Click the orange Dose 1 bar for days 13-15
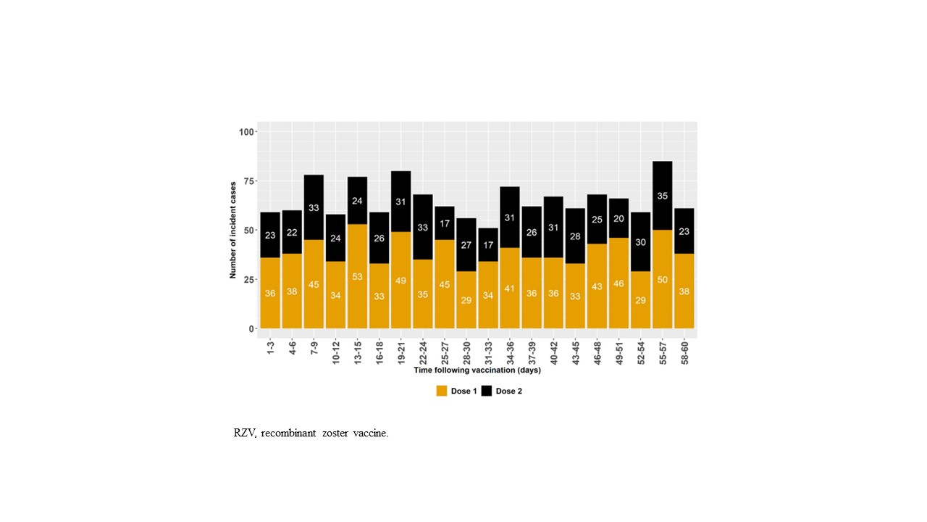click(x=357, y=276)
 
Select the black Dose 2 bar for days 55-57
click(x=662, y=196)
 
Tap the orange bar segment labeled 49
click(x=400, y=279)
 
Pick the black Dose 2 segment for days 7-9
click(x=314, y=207)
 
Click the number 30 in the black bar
click(x=640, y=242)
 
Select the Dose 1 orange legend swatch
click(x=442, y=391)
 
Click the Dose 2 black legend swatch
click(x=487, y=391)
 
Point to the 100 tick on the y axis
click(x=246, y=132)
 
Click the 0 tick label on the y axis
click(x=251, y=329)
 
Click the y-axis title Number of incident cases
click(x=233, y=231)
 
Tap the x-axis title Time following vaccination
click(x=477, y=370)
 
